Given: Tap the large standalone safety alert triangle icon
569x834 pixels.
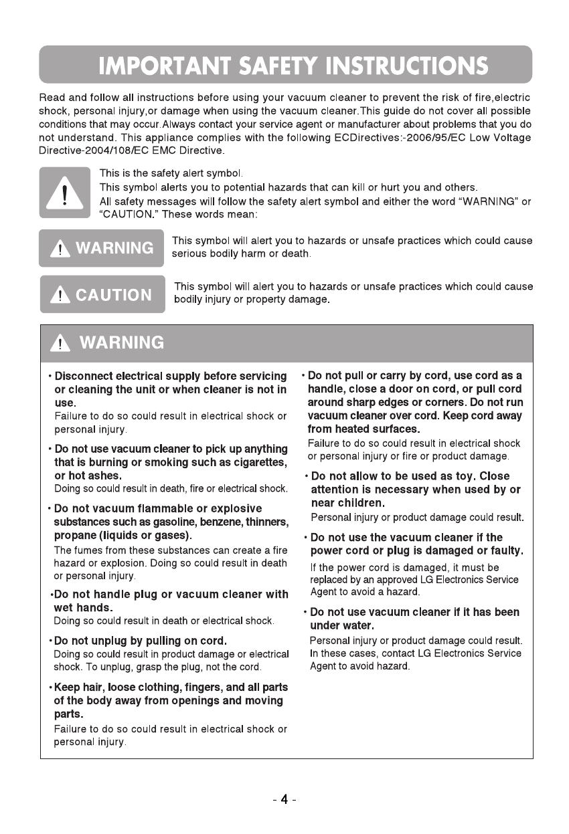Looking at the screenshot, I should click(x=65, y=193).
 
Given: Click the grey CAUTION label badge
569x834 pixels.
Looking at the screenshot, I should click(x=102, y=294).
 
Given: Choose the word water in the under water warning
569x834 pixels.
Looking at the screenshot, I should click(x=357, y=625).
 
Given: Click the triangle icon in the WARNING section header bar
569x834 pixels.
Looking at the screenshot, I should click(x=61, y=343).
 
